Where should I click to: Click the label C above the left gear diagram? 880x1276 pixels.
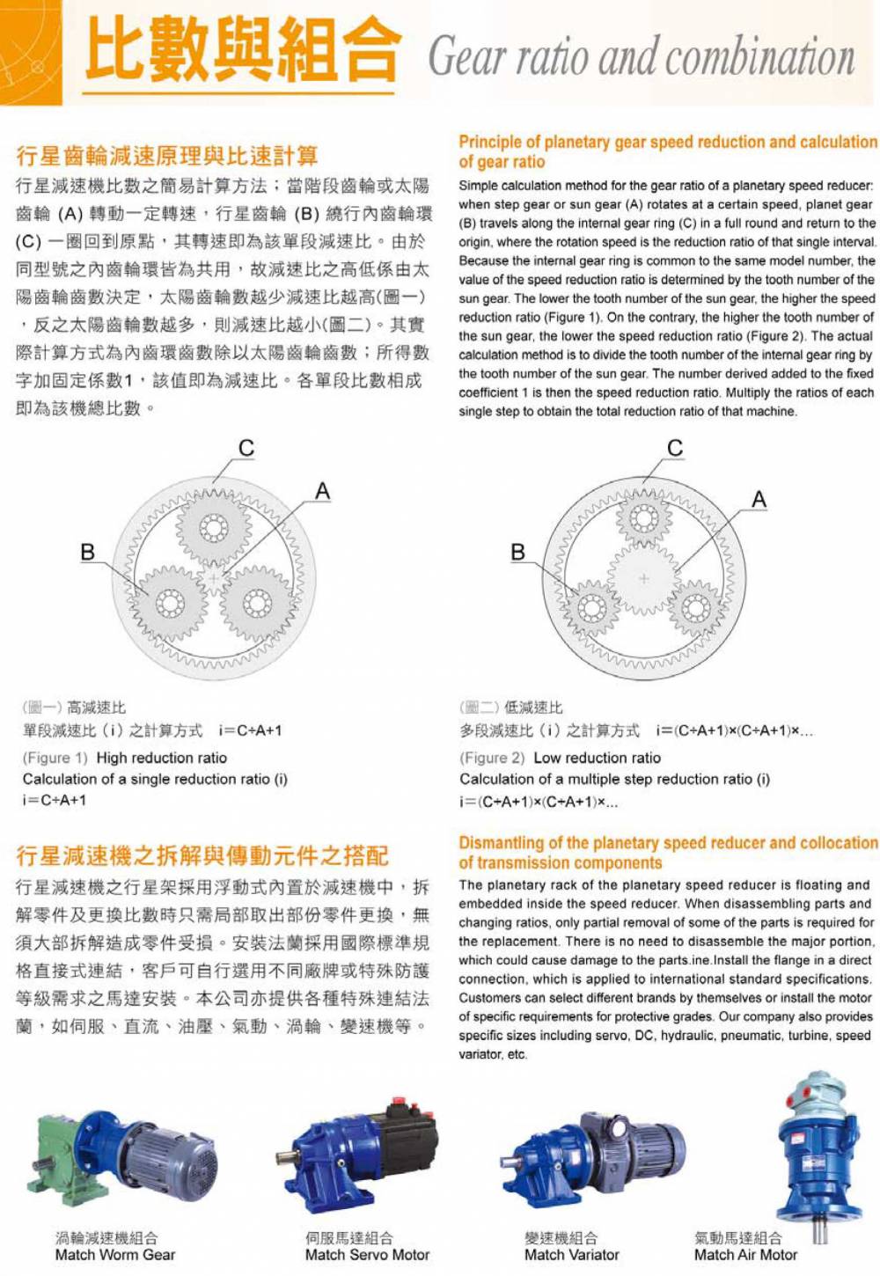point(246,448)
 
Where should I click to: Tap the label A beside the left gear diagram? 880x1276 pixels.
point(323,491)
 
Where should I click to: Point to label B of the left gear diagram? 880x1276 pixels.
point(87,552)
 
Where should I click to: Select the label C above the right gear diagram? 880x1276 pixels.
point(675,448)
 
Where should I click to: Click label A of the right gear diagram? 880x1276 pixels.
point(759,500)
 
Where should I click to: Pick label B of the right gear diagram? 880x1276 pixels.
point(517,552)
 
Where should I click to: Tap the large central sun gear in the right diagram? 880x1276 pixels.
point(643,578)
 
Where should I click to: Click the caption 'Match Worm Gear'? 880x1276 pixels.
point(115,1255)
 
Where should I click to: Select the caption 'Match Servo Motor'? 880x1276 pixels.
point(367,1255)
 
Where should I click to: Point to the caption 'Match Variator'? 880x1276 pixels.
point(572,1255)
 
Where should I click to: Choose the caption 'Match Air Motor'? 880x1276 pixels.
point(745,1255)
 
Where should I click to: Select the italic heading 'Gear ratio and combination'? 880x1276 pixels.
point(641,56)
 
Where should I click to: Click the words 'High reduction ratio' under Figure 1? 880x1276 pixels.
point(161,758)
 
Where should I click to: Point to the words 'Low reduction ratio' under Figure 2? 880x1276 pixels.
point(597,758)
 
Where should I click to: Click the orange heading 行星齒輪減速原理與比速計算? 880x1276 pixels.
point(167,157)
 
